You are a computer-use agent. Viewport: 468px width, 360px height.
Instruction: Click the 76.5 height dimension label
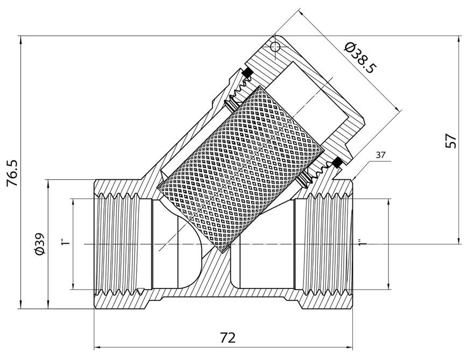13,173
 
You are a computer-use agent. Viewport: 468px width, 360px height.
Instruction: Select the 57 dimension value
451,140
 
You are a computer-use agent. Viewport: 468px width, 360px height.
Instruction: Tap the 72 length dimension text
228,338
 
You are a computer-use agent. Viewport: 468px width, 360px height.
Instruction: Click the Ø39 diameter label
39,244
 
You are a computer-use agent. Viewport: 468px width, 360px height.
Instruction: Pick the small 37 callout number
380,155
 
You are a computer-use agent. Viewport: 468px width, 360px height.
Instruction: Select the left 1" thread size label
65,242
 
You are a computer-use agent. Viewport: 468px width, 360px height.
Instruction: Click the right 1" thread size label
362,242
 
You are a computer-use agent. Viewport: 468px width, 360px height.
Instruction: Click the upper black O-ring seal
247,72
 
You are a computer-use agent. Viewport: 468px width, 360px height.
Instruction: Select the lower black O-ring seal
337,163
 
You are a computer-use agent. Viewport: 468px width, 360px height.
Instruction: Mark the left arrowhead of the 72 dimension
97,347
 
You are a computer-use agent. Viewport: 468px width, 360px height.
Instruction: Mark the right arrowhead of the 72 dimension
350,347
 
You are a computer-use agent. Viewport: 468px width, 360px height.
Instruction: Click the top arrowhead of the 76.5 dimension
20,39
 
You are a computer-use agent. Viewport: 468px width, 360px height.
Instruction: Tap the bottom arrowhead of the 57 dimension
458,241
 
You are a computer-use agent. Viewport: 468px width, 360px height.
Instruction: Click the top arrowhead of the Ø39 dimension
48,183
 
